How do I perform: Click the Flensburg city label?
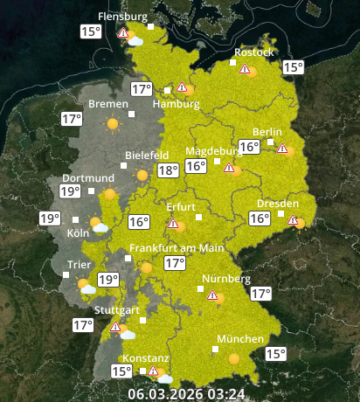click(122, 17)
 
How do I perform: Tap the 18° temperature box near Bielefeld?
click(168, 171)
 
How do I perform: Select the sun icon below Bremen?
click(112, 124)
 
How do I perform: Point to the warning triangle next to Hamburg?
click(182, 87)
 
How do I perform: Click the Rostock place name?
click(254, 52)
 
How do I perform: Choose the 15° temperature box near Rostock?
click(293, 67)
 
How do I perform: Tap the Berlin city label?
click(267, 132)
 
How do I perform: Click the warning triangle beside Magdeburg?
click(229, 168)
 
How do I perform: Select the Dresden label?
click(277, 204)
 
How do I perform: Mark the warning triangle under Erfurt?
click(173, 224)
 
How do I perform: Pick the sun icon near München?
click(233, 357)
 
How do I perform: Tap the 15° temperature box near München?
click(275, 354)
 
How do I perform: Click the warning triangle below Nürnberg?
click(212, 296)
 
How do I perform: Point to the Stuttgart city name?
click(117, 310)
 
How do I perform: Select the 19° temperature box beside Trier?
click(107, 281)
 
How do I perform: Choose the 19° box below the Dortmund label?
click(71, 191)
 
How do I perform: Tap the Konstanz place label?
click(145, 358)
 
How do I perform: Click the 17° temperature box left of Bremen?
click(72, 119)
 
